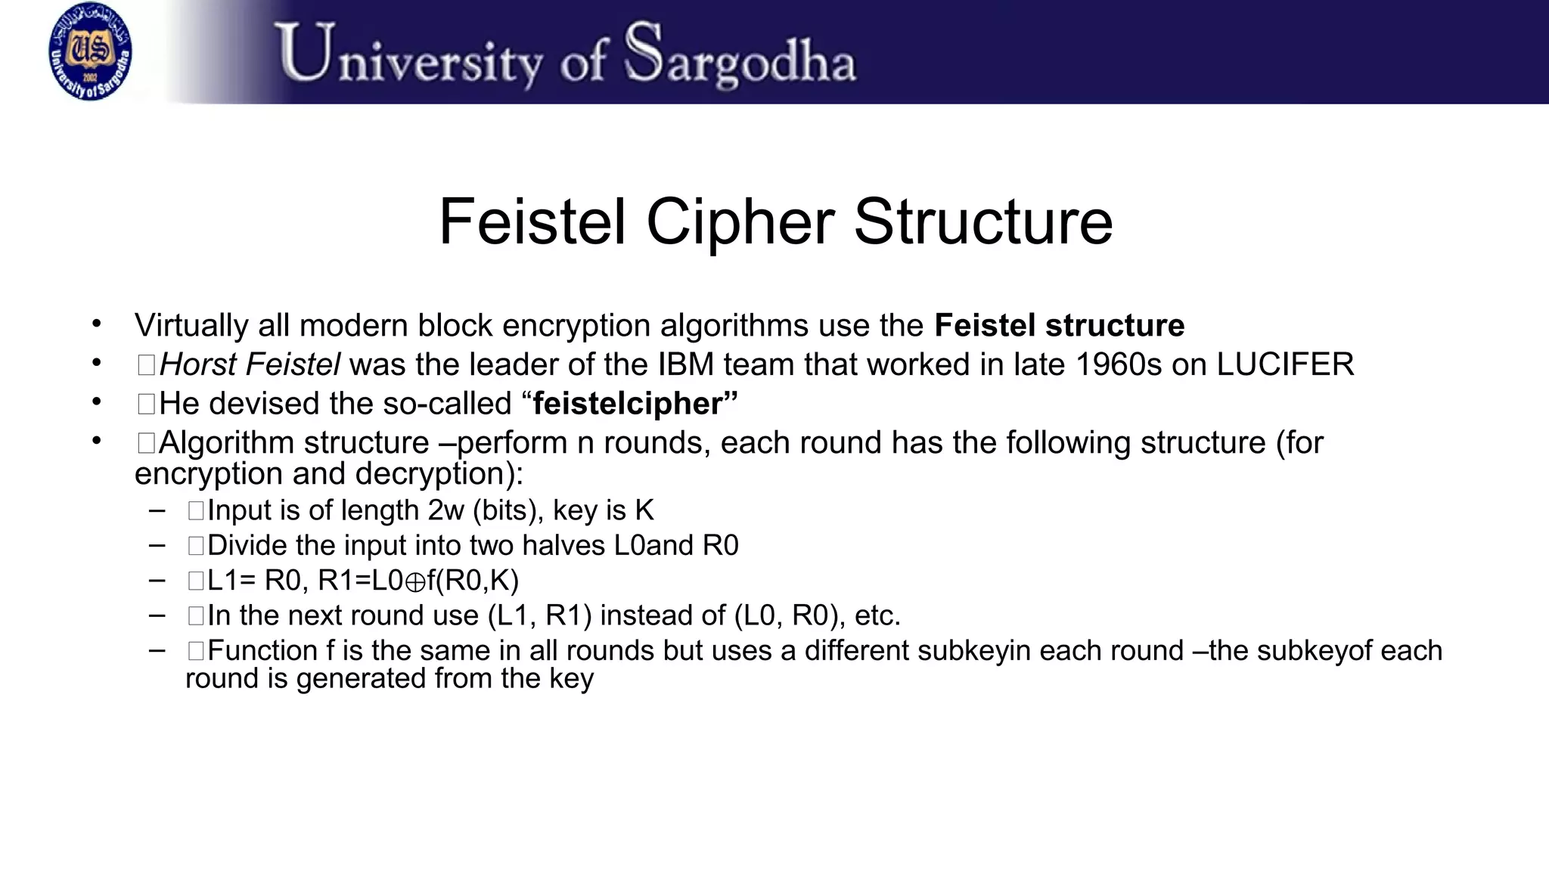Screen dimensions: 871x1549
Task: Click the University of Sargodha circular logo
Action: coord(90,51)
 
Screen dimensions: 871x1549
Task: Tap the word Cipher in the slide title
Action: coord(740,222)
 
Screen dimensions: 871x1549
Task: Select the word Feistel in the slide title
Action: coord(532,222)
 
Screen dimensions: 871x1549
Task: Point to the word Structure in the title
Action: coord(983,222)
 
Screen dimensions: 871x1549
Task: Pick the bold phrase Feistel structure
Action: coord(1059,326)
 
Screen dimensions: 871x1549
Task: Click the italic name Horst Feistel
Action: coord(250,365)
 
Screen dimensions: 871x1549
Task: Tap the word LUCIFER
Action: coord(1285,365)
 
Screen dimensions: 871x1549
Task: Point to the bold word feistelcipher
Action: coord(628,404)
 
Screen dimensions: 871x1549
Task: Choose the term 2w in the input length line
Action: coord(445,511)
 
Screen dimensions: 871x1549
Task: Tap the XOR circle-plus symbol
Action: coord(415,582)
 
